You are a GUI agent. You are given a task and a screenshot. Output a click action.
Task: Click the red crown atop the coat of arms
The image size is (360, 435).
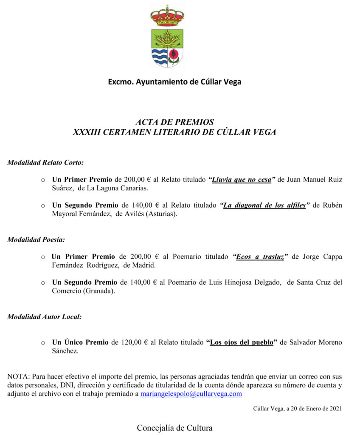coord(167,16)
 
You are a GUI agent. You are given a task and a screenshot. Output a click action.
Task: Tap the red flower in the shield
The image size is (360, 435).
coord(174,55)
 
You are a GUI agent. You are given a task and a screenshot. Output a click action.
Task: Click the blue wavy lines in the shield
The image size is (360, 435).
coord(160,56)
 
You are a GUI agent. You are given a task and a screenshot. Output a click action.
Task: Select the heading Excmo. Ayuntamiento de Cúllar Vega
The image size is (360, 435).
coord(174,82)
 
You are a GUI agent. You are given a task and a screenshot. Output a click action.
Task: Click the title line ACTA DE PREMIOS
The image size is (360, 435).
coord(174,122)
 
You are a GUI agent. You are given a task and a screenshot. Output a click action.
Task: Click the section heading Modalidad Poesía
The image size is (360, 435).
coord(36,240)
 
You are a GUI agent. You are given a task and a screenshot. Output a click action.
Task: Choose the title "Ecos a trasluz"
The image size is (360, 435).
coord(260,257)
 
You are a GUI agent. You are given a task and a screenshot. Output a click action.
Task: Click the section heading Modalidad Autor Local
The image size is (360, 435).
coord(45,316)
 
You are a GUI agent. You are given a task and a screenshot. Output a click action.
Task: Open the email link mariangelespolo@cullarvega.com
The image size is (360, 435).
coord(191,394)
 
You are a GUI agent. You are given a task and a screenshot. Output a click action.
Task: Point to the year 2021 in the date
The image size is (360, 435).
coord(335,409)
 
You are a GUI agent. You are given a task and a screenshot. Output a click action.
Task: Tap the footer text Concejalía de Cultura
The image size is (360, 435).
coord(174,428)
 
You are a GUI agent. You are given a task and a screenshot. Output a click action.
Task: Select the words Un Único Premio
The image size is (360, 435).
coord(80,342)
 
